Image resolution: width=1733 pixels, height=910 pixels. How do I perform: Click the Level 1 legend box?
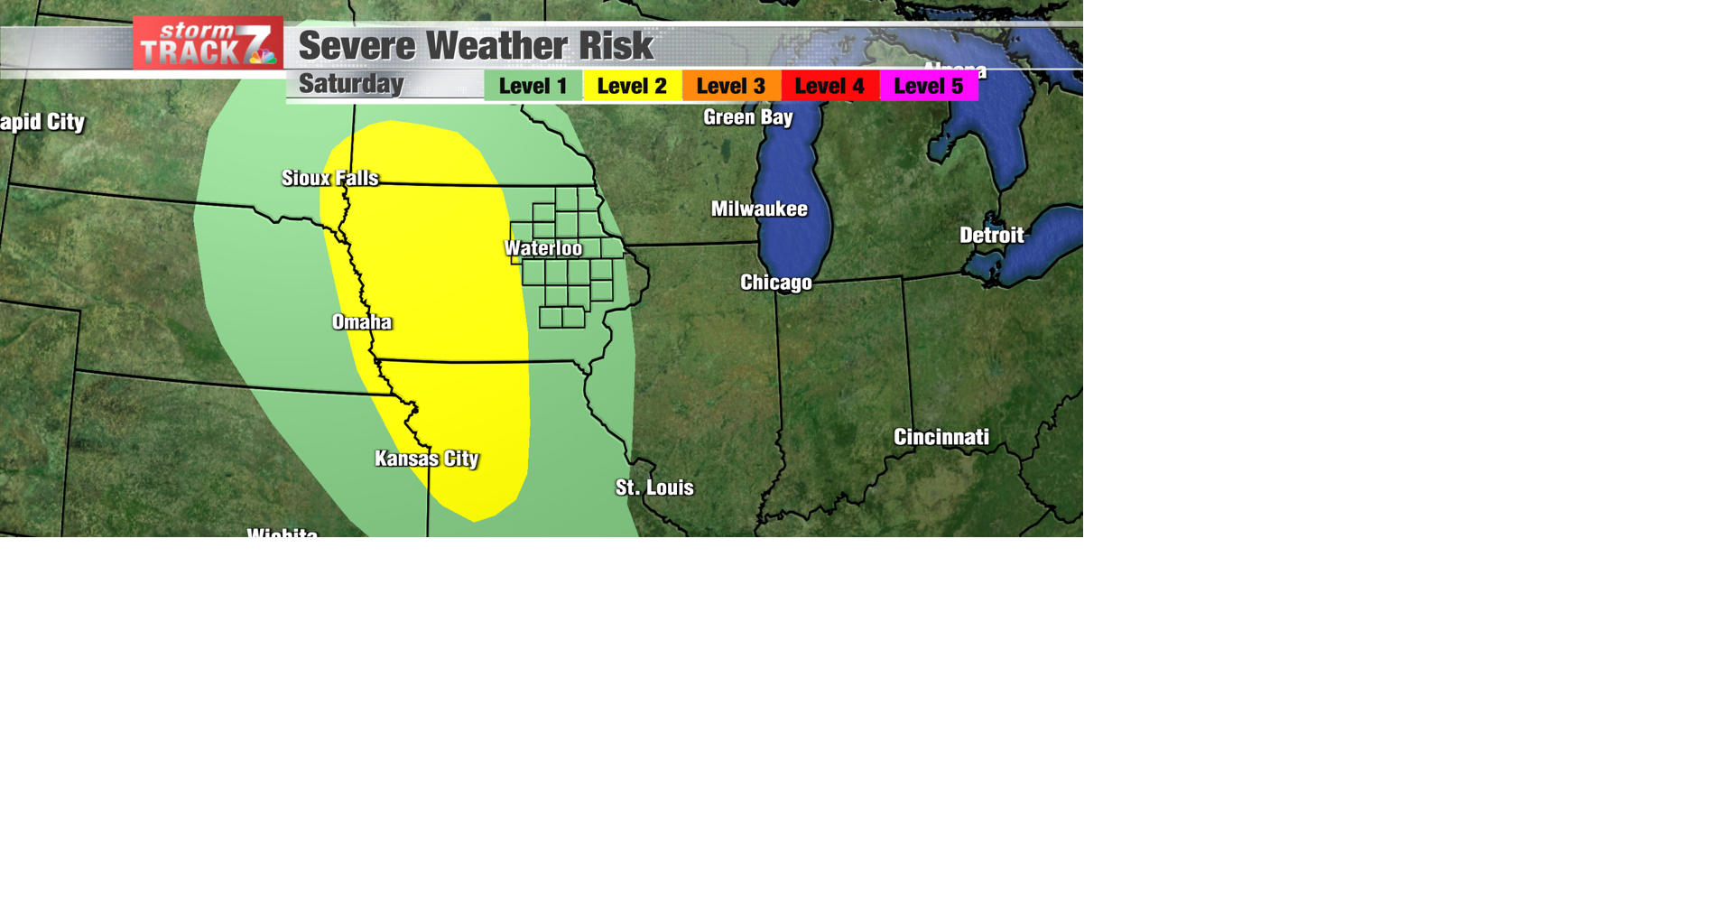533,86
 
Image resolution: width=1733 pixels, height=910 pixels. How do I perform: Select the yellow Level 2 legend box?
632,86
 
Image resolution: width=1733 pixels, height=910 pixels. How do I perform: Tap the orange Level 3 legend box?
730,86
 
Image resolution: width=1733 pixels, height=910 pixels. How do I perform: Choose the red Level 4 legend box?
829,86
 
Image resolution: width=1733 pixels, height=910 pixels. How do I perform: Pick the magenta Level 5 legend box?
929,86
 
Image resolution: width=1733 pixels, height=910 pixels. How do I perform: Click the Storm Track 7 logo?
208,43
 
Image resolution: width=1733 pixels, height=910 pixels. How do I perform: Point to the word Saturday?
351,84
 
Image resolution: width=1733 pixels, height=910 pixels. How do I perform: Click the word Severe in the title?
357,46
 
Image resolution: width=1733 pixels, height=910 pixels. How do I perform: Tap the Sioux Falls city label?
330,178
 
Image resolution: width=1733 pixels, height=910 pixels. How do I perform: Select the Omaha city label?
362,322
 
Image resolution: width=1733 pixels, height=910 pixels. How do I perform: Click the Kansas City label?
427,459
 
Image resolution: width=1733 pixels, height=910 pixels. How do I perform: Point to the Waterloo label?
543,248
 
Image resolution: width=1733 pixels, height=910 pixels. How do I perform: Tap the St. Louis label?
654,487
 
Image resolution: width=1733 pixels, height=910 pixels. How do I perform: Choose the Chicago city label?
776,283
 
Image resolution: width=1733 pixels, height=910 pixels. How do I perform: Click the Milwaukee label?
759,209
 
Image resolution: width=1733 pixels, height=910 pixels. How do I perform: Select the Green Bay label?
748,117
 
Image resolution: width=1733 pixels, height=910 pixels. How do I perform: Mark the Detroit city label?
991,236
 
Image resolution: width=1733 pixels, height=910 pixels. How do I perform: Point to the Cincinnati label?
941,437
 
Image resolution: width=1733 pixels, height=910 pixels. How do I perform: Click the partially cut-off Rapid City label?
42,122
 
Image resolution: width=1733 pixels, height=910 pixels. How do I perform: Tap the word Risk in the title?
616,46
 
